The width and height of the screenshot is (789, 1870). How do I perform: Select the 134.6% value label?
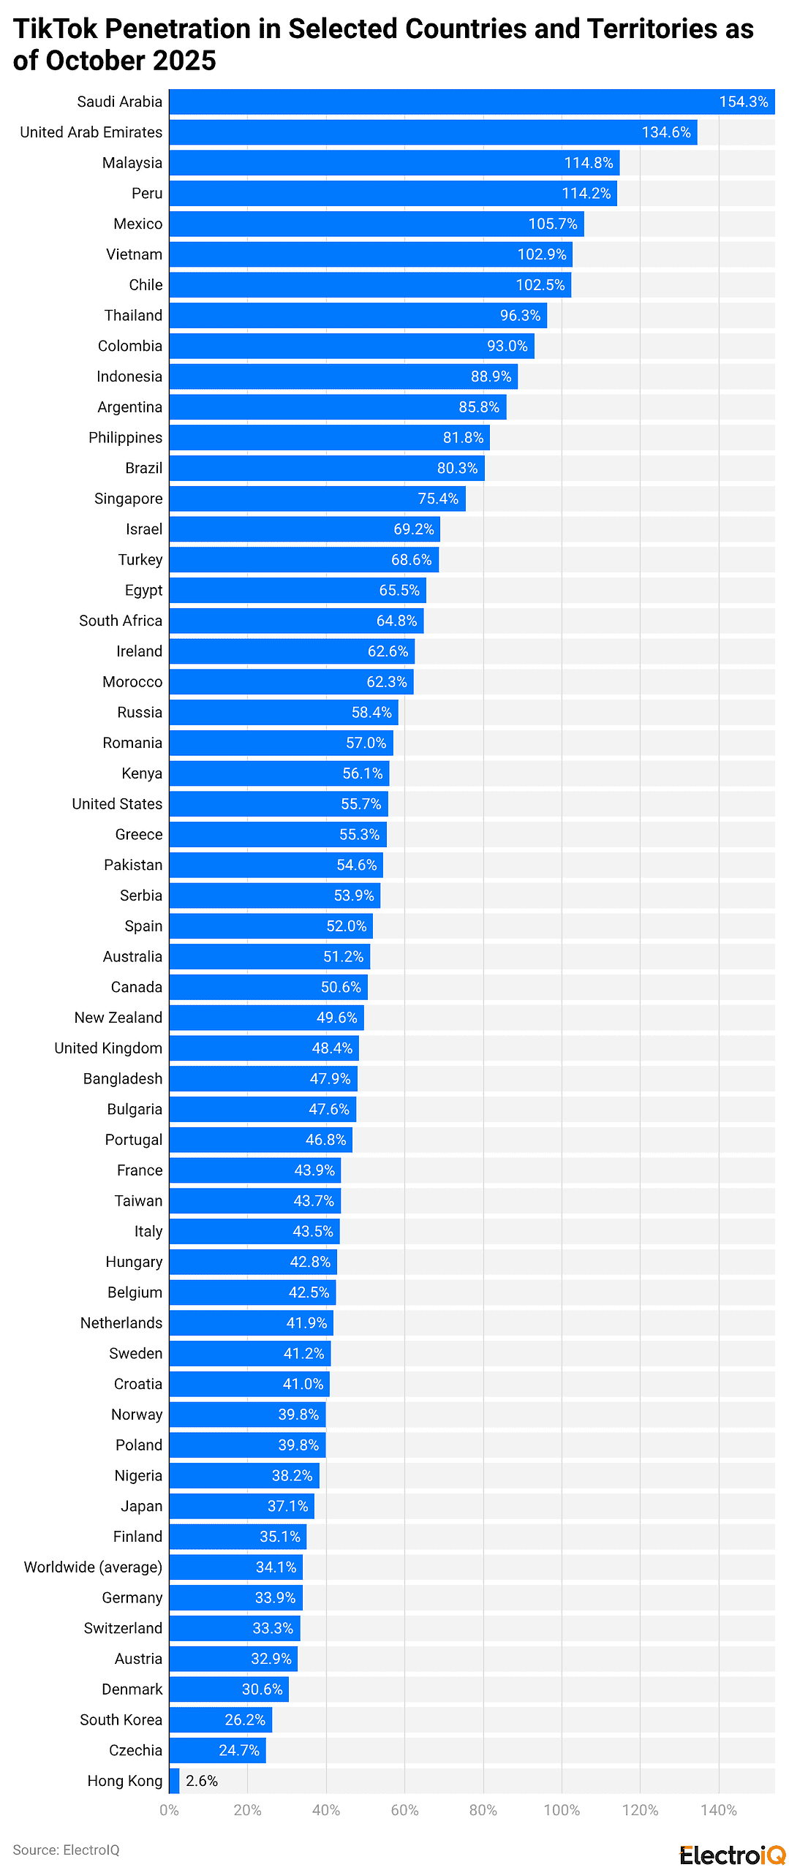[x=665, y=132]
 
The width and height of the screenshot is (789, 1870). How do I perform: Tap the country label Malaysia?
[x=132, y=163]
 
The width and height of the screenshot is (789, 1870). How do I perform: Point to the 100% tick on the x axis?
[x=561, y=1810]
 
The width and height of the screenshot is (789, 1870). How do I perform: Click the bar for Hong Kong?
[x=174, y=1781]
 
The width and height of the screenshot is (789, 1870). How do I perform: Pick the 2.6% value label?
[x=202, y=1781]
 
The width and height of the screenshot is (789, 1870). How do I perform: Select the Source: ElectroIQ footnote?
[x=66, y=1850]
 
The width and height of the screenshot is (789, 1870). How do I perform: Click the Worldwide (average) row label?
[x=93, y=1567]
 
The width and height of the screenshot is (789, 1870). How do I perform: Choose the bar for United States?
[x=278, y=804]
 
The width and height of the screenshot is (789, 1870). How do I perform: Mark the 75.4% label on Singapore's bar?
[x=438, y=499]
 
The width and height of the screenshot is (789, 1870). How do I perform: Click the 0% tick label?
[x=169, y=1810]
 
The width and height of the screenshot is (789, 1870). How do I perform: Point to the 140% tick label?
[x=718, y=1810]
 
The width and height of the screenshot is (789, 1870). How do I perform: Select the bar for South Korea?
[x=219, y=1719]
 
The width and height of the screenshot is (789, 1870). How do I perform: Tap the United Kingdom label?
[x=108, y=1048]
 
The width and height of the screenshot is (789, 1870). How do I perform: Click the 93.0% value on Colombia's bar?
[x=507, y=346]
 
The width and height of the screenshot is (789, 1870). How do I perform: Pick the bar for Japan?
[x=241, y=1506]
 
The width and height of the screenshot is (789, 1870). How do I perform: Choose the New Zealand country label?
[x=118, y=1018]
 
